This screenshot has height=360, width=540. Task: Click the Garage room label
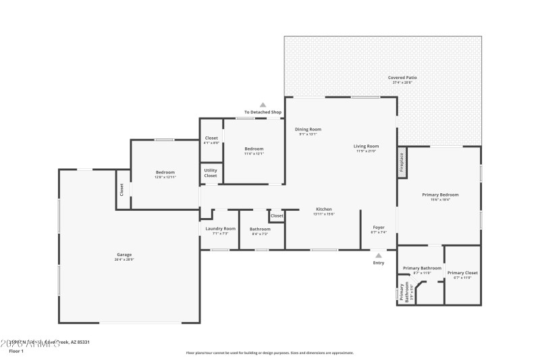pos(124,255)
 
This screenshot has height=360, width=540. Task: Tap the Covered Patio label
pos(402,78)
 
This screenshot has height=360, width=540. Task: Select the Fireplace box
pos(402,163)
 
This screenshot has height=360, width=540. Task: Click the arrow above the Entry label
pos(379,255)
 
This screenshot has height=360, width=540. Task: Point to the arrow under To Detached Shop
pos(263,105)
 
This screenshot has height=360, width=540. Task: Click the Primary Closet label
pos(462,272)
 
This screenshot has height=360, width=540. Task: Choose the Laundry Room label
pos(221,229)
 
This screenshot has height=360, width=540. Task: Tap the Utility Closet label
pos(211,172)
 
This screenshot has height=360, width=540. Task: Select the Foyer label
pos(379,228)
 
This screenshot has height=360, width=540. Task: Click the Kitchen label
pos(324,209)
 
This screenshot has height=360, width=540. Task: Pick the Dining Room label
pos(308,129)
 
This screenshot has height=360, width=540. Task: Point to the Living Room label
pos(367,147)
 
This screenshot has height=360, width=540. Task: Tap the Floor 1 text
pos(16,351)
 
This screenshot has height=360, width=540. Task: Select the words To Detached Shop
pos(263,112)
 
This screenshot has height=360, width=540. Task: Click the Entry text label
pos(379,263)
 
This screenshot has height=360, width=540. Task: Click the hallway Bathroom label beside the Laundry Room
pos(260,229)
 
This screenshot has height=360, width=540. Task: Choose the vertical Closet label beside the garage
pos(122,190)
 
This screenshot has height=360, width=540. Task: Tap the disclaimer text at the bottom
pos(269,353)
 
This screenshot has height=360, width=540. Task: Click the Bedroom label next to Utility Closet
pos(254,149)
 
